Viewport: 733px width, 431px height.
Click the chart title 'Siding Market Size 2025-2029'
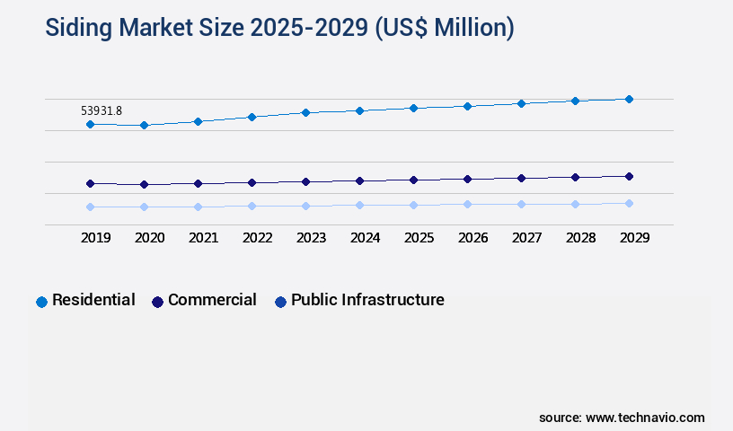click(x=279, y=28)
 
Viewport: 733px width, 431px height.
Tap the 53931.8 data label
click(x=102, y=110)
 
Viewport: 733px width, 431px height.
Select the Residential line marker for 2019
click(x=90, y=124)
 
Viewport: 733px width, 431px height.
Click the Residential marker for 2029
click(x=629, y=99)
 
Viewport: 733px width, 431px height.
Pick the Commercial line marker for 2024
click(x=359, y=180)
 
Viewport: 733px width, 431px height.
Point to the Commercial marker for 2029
click(x=629, y=176)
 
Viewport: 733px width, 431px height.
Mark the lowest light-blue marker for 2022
click(x=252, y=206)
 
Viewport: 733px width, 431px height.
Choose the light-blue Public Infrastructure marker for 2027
click(x=521, y=204)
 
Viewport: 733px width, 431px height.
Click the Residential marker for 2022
click(x=252, y=117)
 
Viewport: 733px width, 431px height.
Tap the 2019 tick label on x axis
click(x=96, y=238)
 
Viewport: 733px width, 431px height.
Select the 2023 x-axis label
click(x=312, y=238)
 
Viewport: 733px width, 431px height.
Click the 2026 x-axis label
click(x=473, y=238)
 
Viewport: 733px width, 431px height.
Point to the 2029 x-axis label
click(x=634, y=238)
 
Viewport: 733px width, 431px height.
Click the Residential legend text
click(x=93, y=300)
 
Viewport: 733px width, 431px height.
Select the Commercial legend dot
click(x=157, y=302)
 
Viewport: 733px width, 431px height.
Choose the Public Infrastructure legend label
click(x=367, y=300)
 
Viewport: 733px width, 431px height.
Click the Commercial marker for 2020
click(x=144, y=184)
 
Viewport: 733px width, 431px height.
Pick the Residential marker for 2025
click(x=413, y=108)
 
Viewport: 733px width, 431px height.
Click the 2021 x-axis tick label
click(x=204, y=238)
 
